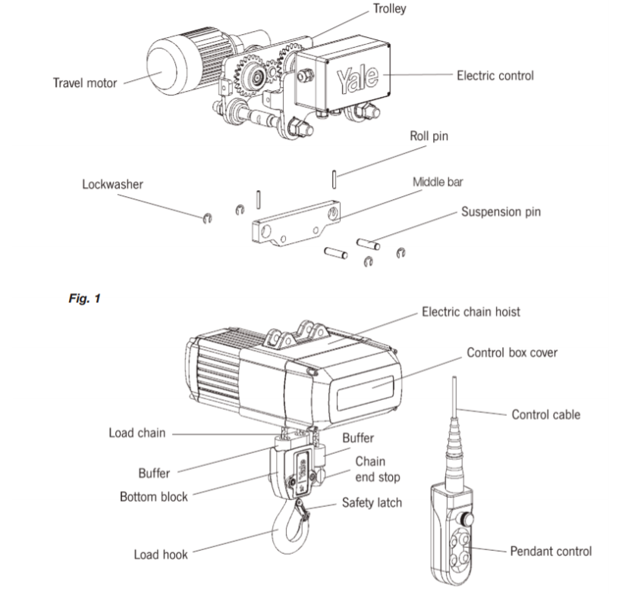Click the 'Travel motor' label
tap(85, 82)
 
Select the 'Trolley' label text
tap(389, 10)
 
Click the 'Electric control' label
tap(495, 75)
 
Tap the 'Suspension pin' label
tap(501, 211)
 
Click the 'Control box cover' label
tap(511, 352)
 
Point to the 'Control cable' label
tap(545, 414)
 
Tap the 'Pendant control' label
tap(549, 551)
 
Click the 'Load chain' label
tap(137, 433)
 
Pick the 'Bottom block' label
tap(154, 498)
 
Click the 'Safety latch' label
tap(372, 502)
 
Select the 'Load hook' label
tap(161, 555)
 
